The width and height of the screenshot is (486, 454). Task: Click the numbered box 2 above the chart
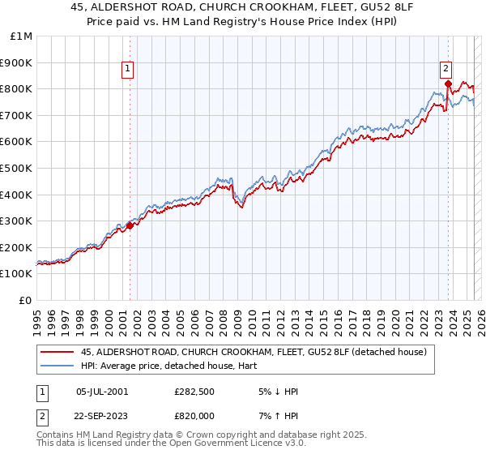pos(446,70)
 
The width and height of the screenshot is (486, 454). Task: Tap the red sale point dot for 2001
pos(130,225)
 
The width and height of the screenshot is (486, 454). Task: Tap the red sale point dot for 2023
pos(448,83)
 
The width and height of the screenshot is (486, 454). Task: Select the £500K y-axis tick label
pos(17,168)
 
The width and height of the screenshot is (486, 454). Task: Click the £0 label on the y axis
pos(26,300)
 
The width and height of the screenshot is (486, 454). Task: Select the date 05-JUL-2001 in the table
pos(101,392)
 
